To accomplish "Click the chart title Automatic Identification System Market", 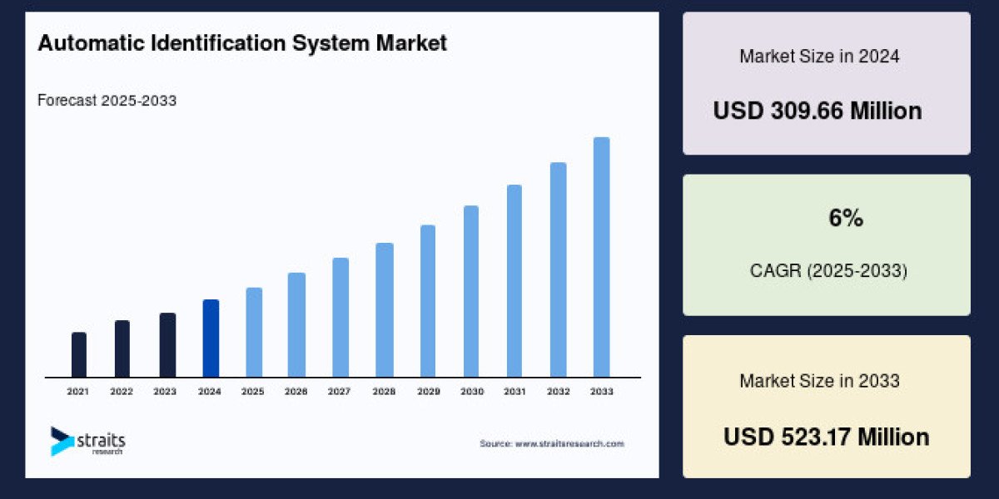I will (x=242, y=44).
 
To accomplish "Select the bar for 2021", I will (x=79, y=354).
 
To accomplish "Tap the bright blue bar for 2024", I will (x=211, y=338).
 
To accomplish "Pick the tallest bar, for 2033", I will (x=601, y=257).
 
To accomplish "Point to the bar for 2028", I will (x=384, y=309).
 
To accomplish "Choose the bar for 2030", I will (x=471, y=291).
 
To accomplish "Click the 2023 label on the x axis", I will (x=165, y=391).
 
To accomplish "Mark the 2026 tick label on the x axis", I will (x=296, y=391).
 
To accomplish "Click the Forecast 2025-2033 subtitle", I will (x=107, y=101).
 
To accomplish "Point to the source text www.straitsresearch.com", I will (x=551, y=444).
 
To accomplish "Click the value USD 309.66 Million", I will (x=818, y=111).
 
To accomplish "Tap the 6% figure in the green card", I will (x=846, y=219).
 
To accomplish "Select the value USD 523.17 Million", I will (x=826, y=437).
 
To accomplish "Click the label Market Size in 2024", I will (x=819, y=57).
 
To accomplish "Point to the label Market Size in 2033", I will (x=819, y=381).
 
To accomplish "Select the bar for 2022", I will (x=122, y=348).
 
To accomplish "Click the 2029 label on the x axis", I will (x=427, y=391).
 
